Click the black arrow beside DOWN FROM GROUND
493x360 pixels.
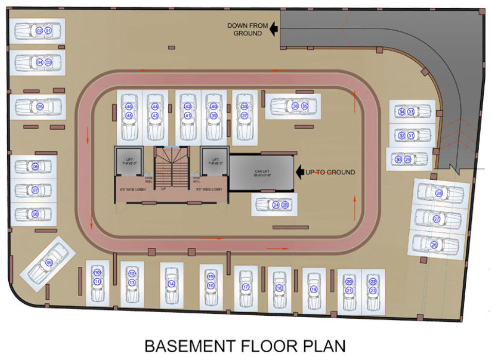[x=274, y=29]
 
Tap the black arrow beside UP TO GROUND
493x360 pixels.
[x=300, y=172]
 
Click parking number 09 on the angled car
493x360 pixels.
[x=49, y=263]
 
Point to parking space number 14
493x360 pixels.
[x=171, y=284]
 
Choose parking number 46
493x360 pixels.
[x=129, y=107]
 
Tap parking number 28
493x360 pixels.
[x=439, y=193]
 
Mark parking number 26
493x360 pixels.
[x=434, y=245]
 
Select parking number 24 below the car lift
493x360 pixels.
[x=276, y=205]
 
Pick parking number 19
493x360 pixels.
[x=314, y=289]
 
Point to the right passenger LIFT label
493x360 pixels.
[x=215, y=160]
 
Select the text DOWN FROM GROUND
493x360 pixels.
[x=248, y=29]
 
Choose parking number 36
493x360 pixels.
[x=295, y=106]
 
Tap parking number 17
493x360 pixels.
[x=245, y=287]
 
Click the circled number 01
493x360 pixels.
[x=48, y=31]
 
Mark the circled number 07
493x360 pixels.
[x=35, y=190]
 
